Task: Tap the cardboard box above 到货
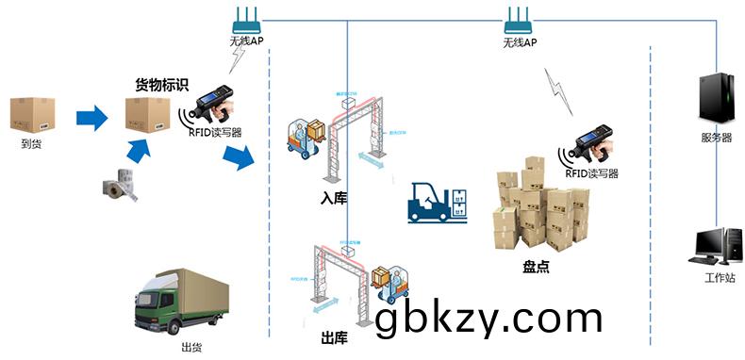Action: [33, 115]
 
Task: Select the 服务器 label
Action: [716, 138]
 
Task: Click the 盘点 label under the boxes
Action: [536, 267]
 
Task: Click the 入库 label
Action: [331, 199]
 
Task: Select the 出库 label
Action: [334, 337]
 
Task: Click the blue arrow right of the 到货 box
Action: [91, 118]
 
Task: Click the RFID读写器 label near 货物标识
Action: [215, 132]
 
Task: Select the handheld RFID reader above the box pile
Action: [589, 141]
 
